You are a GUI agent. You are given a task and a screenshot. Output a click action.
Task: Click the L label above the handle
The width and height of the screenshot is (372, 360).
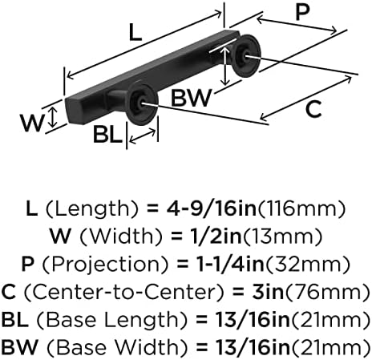click(x=135, y=32)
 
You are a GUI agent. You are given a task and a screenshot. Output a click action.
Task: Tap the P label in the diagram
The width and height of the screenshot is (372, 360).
click(x=302, y=12)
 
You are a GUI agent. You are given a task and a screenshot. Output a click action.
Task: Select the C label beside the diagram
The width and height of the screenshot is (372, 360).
click(x=313, y=109)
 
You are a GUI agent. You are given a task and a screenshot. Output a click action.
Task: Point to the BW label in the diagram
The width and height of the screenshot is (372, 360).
click(x=191, y=98)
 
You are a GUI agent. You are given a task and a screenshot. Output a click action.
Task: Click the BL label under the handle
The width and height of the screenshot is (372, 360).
click(x=107, y=134)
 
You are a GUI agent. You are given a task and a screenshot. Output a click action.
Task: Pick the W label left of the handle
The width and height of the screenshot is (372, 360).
click(x=32, y=123)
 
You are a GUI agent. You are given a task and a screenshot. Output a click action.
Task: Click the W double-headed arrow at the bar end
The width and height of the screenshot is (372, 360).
click(x=54, y=117)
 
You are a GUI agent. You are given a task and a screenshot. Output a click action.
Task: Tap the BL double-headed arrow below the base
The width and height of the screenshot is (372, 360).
click(x=142, y=136)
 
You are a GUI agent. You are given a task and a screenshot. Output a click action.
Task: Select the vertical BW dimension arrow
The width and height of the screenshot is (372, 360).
click(x=226, y=66)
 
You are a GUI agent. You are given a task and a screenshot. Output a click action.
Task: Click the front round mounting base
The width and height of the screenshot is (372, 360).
click(x=142, y=104)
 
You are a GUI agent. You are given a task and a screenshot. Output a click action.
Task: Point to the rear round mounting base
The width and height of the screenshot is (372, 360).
click(x=245, y=55)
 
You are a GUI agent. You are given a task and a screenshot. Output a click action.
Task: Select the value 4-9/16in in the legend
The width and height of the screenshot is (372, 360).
click(x=212, y=208)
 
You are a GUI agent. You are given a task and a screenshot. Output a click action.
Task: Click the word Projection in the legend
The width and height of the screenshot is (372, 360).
click(x=106, y=265)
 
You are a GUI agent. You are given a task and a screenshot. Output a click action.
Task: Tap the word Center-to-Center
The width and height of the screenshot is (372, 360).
click(x=123, y=292)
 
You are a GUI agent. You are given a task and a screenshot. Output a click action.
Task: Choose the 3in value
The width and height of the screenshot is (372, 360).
click(x=268, y=292)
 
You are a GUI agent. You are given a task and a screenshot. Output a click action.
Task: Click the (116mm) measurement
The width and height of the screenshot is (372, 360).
click(x=301, y=208)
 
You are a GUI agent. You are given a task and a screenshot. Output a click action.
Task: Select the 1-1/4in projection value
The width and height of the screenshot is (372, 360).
click(x=231, y=264)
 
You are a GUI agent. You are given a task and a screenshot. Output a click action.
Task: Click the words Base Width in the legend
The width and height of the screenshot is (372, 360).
click(x=116, y=347)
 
